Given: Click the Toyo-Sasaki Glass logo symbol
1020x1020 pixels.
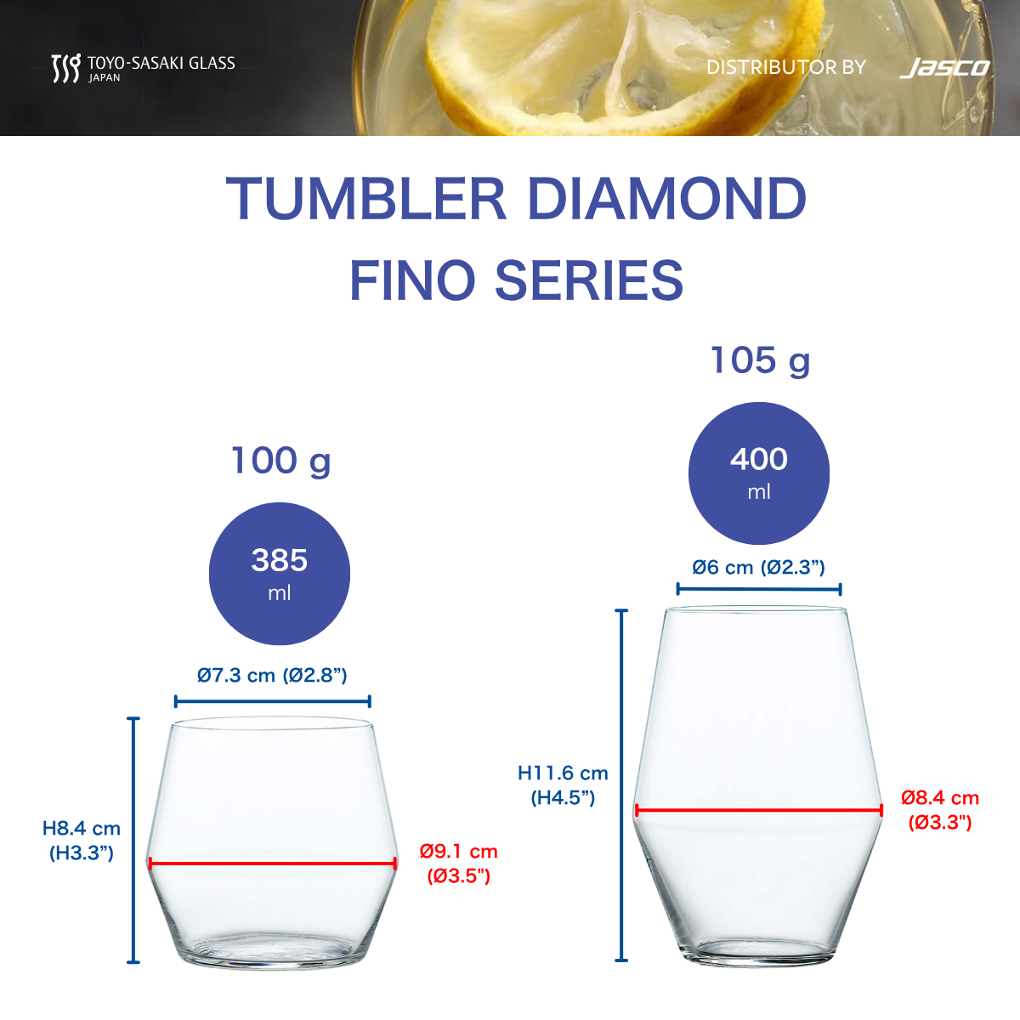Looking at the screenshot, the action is tap(66, 68).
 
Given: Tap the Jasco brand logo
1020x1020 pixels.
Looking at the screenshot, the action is tap(945, 68).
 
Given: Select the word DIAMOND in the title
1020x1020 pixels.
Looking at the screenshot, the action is tap(667, 199).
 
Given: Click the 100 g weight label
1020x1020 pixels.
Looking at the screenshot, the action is tap(281, 461).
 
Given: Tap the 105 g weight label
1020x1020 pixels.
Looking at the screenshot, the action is tap(760, 361).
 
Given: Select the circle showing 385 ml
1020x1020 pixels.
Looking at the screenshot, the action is tap(280, 574).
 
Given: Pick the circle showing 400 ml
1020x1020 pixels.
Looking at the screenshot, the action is tap(758, 473).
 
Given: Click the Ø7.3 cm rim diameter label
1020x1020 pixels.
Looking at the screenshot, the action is tap(272, 676).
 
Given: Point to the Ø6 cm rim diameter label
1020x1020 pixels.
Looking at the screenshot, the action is tap(758, 568).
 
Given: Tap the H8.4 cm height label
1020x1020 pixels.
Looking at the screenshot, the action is tap(82, 841).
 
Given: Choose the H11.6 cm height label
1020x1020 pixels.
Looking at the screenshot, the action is tap(563, 785).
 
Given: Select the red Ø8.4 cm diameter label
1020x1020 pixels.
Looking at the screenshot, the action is tap(940, 810).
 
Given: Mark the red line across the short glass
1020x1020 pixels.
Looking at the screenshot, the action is tap(273, 864).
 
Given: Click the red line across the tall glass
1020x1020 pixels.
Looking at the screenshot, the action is tap(758, 810).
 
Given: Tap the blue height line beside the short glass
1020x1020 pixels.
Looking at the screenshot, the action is tap(133, 840).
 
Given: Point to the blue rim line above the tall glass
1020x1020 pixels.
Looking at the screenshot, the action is tap(759, 588).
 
